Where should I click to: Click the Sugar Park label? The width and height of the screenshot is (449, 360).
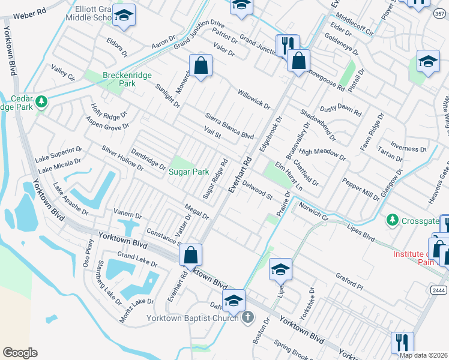(188, 172)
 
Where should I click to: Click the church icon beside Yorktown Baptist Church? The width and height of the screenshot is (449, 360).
(247, 317)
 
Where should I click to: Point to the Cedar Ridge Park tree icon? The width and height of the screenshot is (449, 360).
(41, 101)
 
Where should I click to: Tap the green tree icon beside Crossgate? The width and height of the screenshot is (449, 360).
(392, 220)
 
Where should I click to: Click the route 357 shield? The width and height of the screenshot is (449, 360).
(441, 13)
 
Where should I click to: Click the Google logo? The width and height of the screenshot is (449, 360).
(20, 352)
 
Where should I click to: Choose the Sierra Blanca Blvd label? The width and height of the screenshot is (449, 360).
(229, 125)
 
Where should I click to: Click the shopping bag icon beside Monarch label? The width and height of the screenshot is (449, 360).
(201, 66)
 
